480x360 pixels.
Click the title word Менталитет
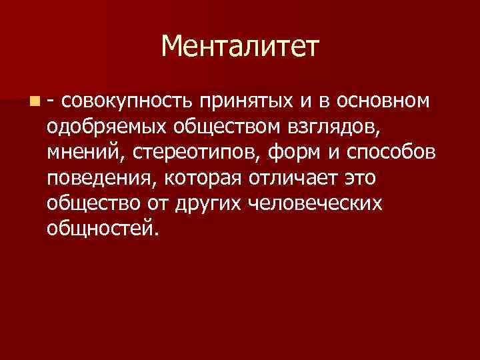point(240,47)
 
